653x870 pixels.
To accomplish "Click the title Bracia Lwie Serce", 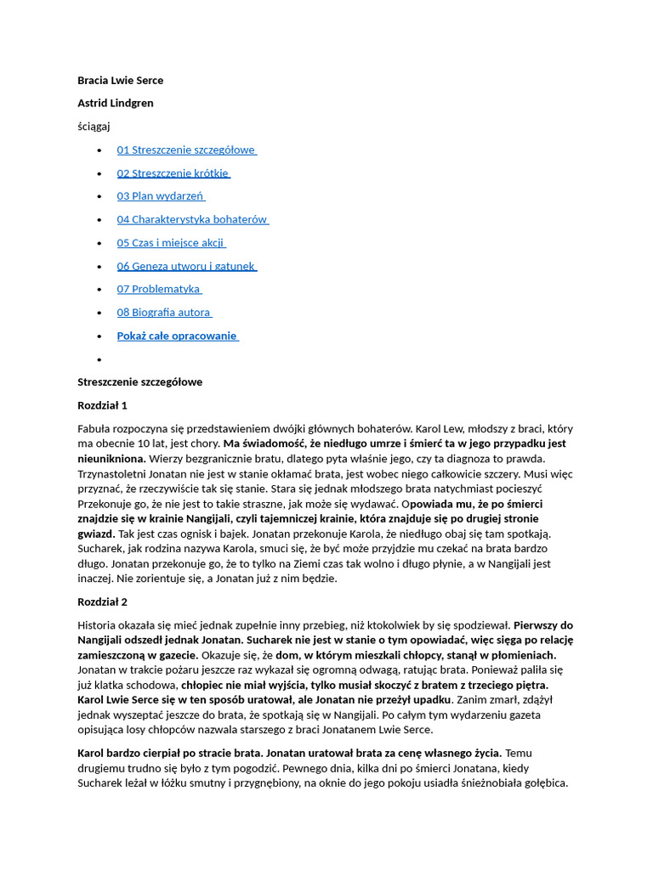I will click(120, 81).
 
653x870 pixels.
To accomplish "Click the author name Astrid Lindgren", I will click(116, 104).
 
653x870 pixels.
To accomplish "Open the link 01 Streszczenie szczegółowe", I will click(186, 150).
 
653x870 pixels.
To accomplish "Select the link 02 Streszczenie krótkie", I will click(173, 173).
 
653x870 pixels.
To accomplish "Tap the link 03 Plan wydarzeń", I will click(161, 196).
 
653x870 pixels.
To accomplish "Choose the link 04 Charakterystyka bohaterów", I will click(192, 220).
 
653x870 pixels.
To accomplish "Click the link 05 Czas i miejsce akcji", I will click(171, 243).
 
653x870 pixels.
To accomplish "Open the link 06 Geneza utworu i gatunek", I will click(186, 266).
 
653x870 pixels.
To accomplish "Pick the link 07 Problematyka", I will click(159, 290).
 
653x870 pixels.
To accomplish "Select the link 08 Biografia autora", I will click(164, 313).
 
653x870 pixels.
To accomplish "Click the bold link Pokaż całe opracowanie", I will click(177, 336).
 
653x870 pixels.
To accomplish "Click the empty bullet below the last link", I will click(99, 359).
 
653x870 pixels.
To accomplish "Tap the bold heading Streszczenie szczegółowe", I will click(139, 382).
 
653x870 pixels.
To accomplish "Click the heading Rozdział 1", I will click(102, 405).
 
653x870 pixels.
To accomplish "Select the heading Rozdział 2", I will click(102, 602).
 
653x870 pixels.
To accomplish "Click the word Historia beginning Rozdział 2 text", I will click(98, 625).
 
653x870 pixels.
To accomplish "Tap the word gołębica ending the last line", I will click(541, 783).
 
